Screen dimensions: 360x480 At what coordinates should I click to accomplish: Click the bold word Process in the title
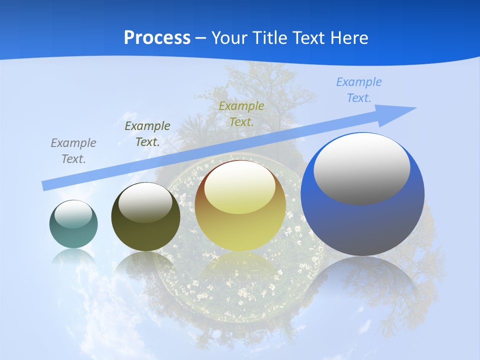point(157,38)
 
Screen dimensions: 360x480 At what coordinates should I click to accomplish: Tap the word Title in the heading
point(270,38)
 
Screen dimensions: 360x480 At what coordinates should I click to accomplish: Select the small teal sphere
point(73,224)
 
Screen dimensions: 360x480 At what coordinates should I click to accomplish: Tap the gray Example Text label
point(73,151)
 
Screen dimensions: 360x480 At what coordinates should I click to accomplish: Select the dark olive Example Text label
point(147,133)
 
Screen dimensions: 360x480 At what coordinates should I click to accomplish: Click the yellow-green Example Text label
point(241,113)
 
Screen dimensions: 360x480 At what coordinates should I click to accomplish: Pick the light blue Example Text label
point(359,89)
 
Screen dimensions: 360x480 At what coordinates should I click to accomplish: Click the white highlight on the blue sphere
point(362,168)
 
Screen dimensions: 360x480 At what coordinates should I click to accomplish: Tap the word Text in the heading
point(307,38)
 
